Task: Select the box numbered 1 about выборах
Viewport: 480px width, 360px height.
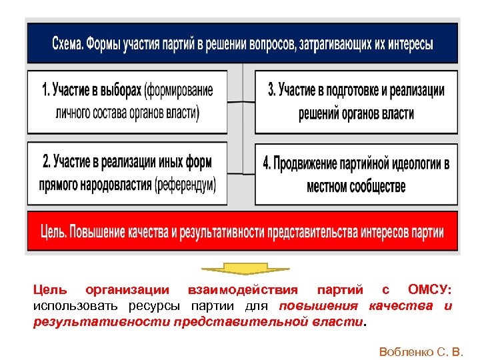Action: point(127,101)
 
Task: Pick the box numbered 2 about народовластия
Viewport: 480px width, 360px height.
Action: point(127,173)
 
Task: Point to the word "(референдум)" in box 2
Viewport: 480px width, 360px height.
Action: point(185,185)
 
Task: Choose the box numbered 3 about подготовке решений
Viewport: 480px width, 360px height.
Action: point(356,101)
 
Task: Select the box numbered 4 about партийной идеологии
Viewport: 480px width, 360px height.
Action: point(356,174)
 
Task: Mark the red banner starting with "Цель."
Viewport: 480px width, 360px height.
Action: point(241,231)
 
